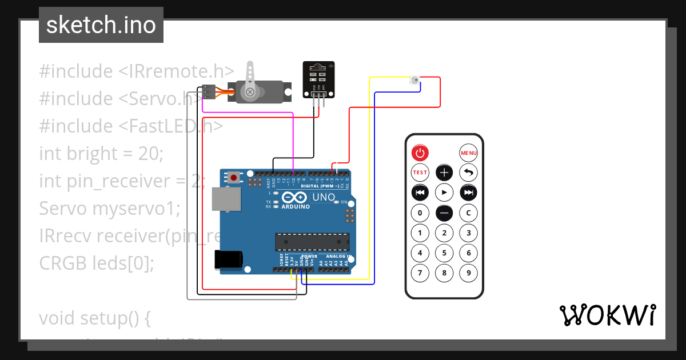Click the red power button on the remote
[x=420, y=153]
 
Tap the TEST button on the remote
[x=420, y=172]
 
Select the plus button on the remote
[x=444, y=172]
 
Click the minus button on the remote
[x=444, y=213]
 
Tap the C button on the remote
[x=469, y=213]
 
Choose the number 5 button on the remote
[x=444, y=253]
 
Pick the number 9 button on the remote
[x=469, y=273]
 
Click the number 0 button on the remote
[x=420, y=213]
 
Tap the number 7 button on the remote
[x=420, y=273]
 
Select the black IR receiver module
[x=318, y=80]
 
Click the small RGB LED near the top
[x=414, y=81]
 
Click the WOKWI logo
[x=607, y=315]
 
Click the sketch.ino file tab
[x=101, y=25]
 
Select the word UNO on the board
[x=324, y=198]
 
